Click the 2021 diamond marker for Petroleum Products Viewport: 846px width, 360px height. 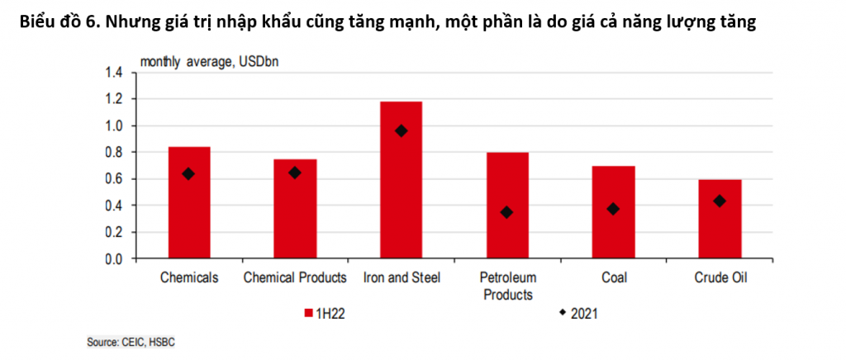coord(506,212)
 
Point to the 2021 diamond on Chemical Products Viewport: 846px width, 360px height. coord(295,173)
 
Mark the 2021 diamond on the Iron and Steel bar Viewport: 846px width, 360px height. coord(402,130)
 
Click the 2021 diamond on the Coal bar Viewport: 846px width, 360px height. coord(613,209)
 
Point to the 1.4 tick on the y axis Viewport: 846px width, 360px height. coord(113,73)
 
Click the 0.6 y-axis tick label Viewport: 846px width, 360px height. coord(113,179)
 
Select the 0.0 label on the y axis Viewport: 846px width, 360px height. coord(113,258)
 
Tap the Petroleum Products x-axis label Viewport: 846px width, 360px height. coord(508,286)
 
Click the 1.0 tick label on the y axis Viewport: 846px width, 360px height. coord(113,126)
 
